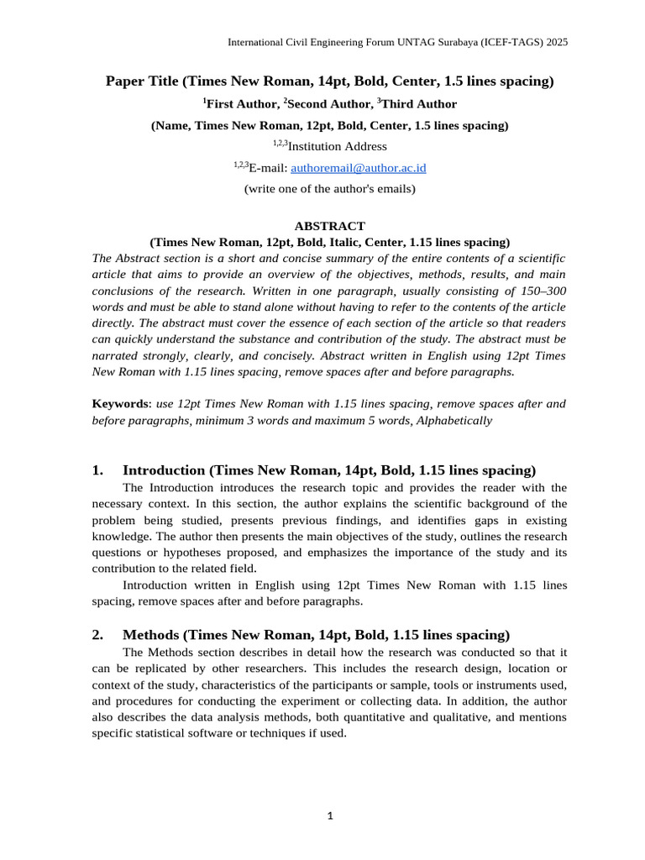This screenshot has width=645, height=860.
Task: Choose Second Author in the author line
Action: [x=329, y=104]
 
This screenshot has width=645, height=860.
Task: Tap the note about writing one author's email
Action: [x=330, y=189]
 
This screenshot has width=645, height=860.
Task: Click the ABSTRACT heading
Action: [x=330, y=226]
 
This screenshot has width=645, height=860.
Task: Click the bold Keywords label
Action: [x=118, y=404]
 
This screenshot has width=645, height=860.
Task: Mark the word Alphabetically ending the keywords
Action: [x=454, y=420]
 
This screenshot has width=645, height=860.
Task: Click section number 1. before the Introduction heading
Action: [x=97, y=470]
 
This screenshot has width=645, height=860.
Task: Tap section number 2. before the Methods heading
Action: [x=97, y=635]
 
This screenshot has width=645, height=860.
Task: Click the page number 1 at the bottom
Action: [x=330, y=815]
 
